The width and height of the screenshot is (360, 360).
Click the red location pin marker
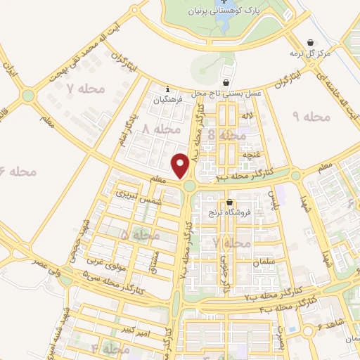click(x=181, y=166)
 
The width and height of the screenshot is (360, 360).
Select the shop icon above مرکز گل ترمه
click(x=311, y=41)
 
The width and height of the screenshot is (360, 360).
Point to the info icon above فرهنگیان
click(x=167, y=89)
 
